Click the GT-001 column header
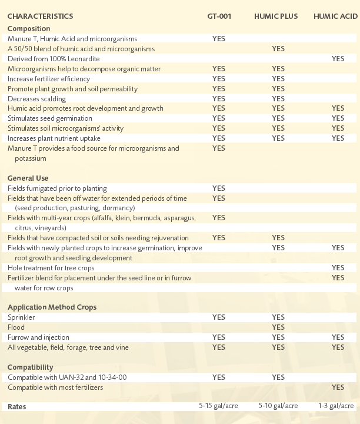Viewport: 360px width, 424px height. [219, 16]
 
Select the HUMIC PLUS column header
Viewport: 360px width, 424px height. [276, 16]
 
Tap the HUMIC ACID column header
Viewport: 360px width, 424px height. [335, 16]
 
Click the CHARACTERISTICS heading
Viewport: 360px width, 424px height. [40, 16]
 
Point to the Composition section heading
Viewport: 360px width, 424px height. [29, 29]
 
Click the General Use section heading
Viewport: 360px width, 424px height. [28, 178]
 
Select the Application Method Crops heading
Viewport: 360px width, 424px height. [52, 307]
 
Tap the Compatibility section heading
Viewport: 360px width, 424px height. [30, 367]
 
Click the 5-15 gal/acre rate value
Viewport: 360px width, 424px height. [218, 406]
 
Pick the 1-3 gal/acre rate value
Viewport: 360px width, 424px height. [336, 406]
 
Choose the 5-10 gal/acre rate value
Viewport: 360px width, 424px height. [278, 406]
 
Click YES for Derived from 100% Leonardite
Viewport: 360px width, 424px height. [338, 59]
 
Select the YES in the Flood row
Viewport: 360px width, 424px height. [278, 327]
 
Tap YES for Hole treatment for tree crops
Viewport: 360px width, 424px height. [338, 268]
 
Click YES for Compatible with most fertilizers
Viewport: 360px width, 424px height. [338, 387]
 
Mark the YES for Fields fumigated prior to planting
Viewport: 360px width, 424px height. [218, 188]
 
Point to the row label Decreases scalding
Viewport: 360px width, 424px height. [36, 99]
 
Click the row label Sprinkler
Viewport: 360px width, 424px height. [21, 317]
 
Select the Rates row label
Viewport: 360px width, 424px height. [16, 407]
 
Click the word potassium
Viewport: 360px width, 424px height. [30, 158]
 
